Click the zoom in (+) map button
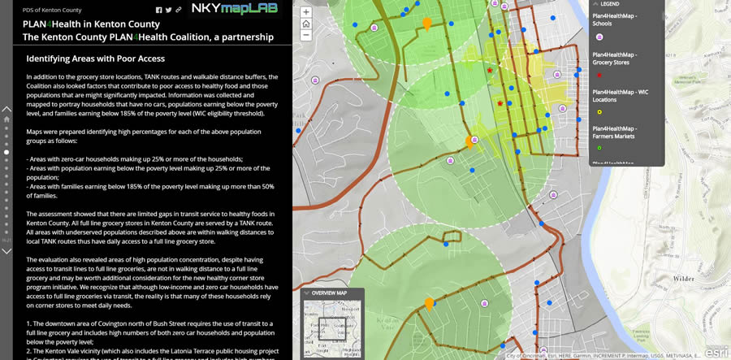[x=305, y=13]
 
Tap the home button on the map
[x=305, y=24]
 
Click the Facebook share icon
[x=158, y=10]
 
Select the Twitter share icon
[x=168, y=10]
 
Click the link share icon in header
[x=178, y=10]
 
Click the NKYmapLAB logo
[x=233, y=9]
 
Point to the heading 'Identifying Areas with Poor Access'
[x=96, y=59]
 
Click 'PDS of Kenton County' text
[x=52, y=10]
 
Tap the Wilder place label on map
[x=685, y=279]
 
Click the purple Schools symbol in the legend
[x=599, y=36]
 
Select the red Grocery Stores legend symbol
[x=599, y=75]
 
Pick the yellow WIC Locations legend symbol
[x=599, y=112]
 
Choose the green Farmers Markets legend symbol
[x=599, y=148]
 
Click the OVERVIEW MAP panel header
[x=330, y=293]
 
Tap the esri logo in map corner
[x=716, y=351]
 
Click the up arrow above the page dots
[x=7, y=108]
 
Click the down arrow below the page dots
[x=7, y=250]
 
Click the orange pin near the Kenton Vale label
[x=429, y=305]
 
